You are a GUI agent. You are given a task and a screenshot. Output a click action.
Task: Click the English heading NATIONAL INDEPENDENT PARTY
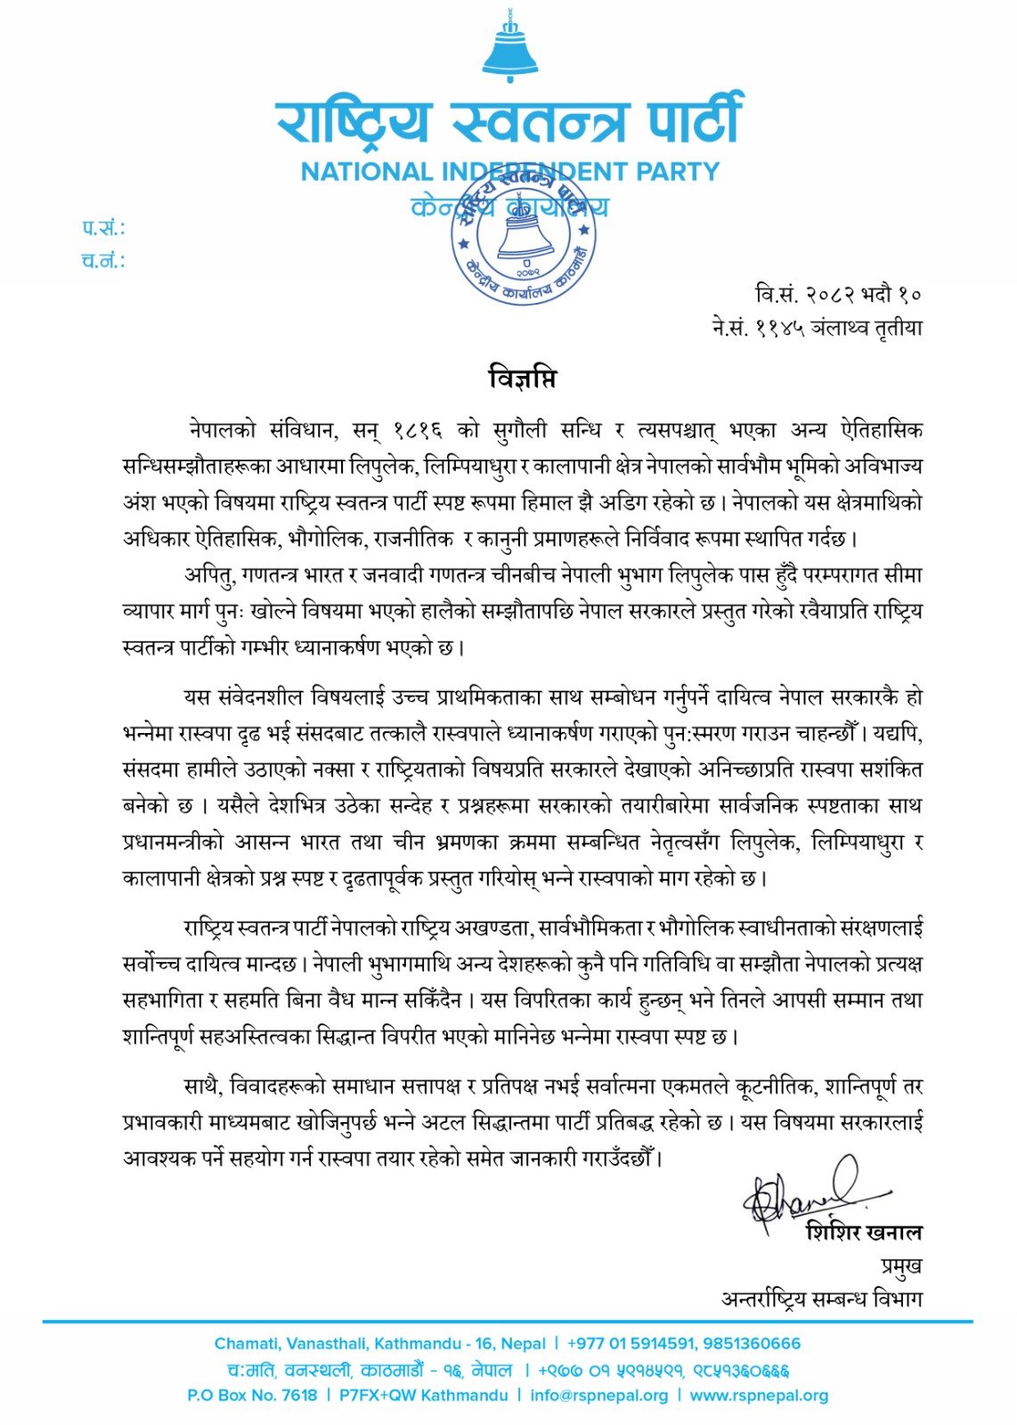509,171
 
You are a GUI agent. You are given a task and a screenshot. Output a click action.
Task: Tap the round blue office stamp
524,233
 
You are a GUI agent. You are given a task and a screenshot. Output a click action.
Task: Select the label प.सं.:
103,228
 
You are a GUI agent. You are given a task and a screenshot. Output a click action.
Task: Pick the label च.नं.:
103,261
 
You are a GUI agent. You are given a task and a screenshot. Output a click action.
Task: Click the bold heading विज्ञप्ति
523,379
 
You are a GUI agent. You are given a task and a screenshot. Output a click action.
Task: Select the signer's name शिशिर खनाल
863,1233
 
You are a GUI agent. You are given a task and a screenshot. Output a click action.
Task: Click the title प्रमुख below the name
897,1266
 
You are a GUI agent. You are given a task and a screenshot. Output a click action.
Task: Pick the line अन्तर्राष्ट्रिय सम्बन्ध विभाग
821,1299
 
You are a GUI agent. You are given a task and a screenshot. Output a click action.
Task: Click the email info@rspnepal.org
598,1395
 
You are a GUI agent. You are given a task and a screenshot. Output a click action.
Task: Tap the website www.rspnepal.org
759,1395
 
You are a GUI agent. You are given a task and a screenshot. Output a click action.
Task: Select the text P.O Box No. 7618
252,1395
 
